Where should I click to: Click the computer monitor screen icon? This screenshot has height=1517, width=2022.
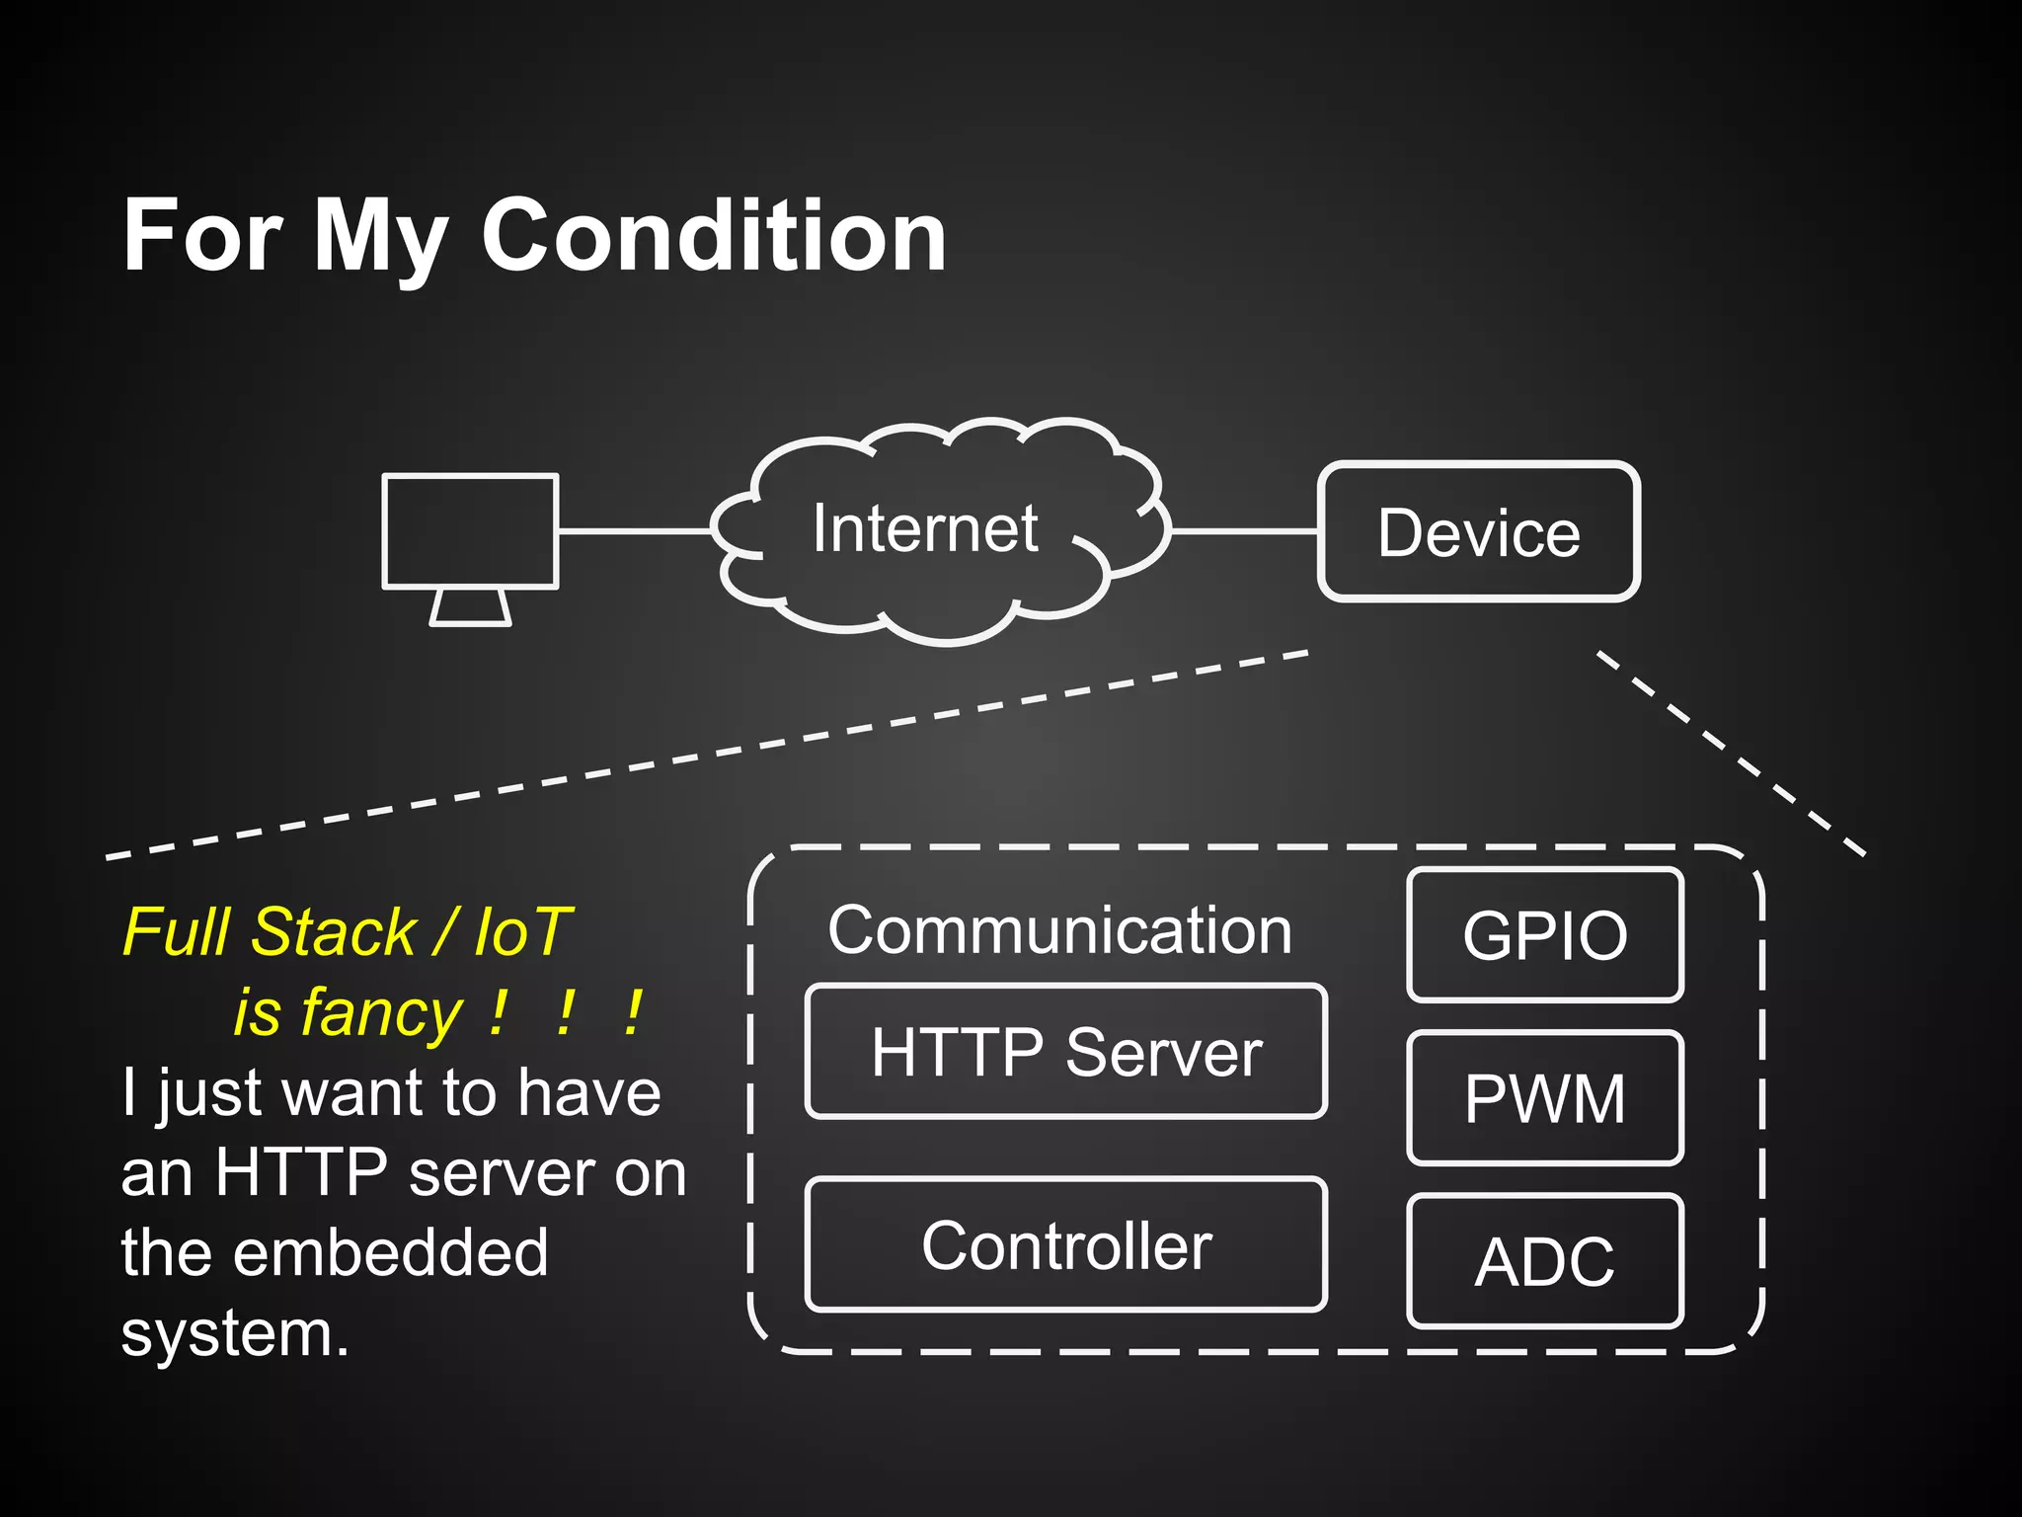point(470,531)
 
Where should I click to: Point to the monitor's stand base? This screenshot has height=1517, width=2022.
point(470,608)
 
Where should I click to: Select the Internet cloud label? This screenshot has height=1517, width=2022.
point(924,528)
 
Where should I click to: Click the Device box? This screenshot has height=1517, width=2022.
point(1478,532)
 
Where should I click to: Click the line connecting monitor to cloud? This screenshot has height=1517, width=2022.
point(634,531)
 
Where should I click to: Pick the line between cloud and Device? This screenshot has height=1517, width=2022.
point(1244,531)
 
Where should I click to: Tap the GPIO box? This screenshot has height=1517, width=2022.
point(1544,935)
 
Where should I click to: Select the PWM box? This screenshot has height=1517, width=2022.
point(1544,1098)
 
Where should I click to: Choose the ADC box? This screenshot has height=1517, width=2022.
point(1544,1261)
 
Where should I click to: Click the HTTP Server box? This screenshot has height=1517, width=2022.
point(1065,1052)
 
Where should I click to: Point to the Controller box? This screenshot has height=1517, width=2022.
point(1065,1245)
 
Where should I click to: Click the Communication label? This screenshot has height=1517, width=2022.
point(1059,930)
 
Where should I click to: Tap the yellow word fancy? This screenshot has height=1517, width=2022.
point(381,1013)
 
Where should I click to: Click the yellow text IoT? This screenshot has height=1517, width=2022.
point(522,932)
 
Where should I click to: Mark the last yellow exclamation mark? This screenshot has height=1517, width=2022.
point(633,1013)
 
